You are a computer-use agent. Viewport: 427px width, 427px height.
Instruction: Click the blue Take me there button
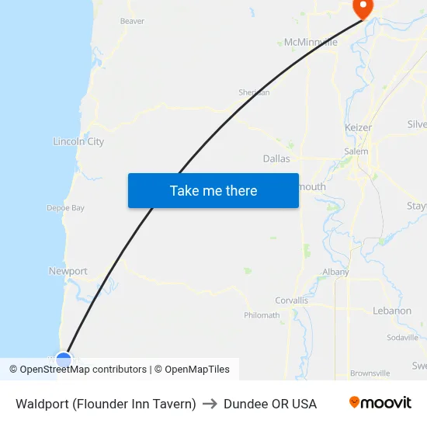[213, 190]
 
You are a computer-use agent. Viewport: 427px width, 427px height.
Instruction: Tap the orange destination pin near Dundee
[363, 7]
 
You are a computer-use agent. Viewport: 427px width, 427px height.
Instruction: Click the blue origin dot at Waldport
[64, 360]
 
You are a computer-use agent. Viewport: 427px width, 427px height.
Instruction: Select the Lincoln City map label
[78, 142]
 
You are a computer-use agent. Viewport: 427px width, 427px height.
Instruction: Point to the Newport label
[68, 271]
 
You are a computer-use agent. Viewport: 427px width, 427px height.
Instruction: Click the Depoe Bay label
[65, 208]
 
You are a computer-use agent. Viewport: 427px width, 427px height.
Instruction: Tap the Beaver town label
[132, 21]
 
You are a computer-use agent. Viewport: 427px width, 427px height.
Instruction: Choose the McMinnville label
[311, 42]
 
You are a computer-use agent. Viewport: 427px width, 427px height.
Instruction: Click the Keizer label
[358, 127]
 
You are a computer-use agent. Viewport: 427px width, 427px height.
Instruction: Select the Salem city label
[356, 151]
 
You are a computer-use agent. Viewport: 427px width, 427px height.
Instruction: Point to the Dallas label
[276, 158]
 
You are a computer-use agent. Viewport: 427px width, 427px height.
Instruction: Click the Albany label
[336, 272]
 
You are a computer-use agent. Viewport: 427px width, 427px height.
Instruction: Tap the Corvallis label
[292, 300]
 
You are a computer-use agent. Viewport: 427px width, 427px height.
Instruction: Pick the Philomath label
[262, 315]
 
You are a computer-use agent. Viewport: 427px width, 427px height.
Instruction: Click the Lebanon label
[392, 311]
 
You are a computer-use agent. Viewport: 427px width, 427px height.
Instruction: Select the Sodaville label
[402, 338]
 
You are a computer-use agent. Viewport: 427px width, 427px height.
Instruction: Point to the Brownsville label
[370, 373]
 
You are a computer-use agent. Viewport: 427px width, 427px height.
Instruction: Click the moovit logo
[380, 403]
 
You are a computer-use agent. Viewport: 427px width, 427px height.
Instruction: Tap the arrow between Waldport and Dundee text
[210, 404]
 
